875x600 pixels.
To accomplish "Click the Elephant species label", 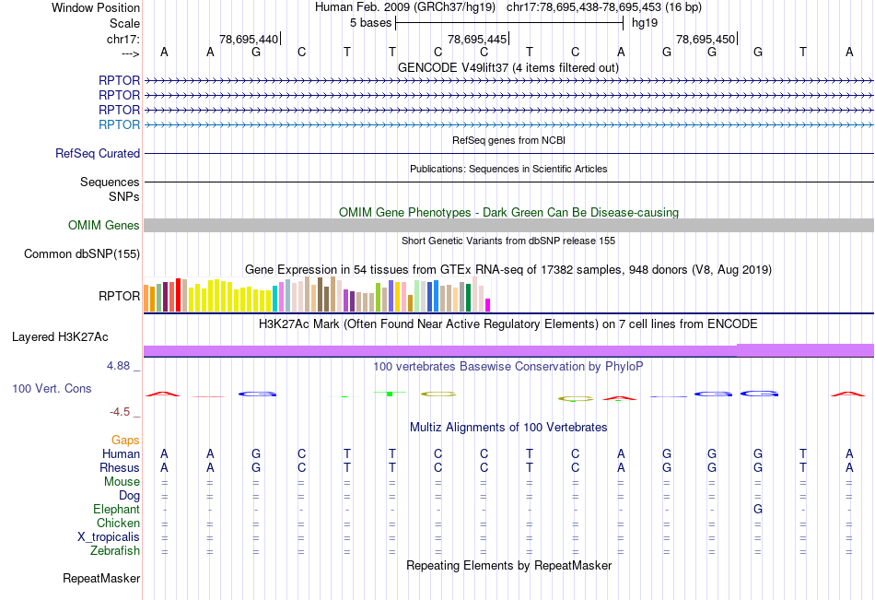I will point(116,510).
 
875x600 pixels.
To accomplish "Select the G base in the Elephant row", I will point(757,510).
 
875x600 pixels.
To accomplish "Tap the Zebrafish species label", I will point(115,551).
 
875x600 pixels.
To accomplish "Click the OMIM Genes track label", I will point(103,226).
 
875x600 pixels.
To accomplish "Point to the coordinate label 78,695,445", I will point(477,40).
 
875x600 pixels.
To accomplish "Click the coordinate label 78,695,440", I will point(249,40).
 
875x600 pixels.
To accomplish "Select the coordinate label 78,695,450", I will point(706,40).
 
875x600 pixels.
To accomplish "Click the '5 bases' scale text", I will point(370,22).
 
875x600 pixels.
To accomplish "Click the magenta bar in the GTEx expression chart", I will point(488,304).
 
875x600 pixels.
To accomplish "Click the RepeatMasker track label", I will point(101,579).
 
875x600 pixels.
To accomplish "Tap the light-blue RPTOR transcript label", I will point(119,124).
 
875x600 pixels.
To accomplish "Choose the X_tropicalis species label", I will point(109,537).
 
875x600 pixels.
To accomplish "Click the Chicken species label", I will point(120,524).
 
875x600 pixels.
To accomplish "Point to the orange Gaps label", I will point(125,441).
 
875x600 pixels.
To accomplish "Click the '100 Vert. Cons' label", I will point(52,389).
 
